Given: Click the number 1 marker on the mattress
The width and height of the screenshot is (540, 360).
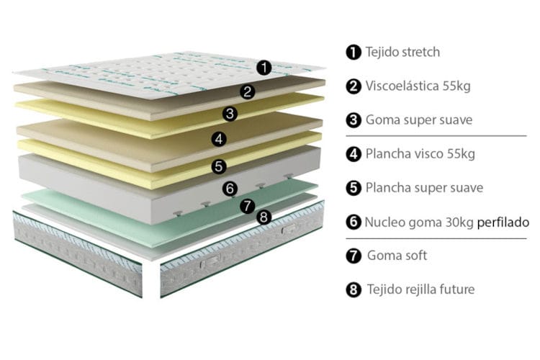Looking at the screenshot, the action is point(264,68).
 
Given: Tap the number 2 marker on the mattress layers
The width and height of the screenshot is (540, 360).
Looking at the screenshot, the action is point(247,91).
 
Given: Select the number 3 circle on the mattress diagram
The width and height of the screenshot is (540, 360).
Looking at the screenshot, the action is point(230,114).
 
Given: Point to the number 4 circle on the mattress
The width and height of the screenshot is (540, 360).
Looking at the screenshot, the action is point(219,139).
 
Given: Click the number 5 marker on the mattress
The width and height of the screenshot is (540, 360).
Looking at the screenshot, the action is point(219,166).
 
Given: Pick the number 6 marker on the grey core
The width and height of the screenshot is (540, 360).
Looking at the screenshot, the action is point(230,189).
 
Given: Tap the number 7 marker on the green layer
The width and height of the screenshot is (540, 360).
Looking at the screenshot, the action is point(247,206).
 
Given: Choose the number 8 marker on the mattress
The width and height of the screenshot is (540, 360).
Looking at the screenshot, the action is point(264,217).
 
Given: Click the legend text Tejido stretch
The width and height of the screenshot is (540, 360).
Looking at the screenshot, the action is point(402,52).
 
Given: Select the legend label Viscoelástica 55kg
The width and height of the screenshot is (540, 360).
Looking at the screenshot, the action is point(418,86).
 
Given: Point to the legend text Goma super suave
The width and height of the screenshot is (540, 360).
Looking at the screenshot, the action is point(419,120).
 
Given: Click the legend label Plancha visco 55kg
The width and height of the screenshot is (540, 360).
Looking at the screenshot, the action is point(420,153).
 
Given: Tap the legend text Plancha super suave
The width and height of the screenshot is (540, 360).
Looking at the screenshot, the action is point(424,188).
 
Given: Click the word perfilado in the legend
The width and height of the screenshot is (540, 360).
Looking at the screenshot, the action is point(503,222).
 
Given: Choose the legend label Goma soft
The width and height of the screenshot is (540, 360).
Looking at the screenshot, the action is point(397,256).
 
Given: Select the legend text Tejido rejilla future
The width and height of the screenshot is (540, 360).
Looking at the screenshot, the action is point(421,289).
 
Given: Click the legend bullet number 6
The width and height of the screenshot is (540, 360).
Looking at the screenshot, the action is point(354,222).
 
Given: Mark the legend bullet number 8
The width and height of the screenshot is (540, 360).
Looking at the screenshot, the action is point(354,289).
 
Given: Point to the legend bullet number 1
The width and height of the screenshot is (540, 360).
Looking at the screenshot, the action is point(354,52).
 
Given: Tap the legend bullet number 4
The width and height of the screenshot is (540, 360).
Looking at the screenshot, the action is point(354,154).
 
